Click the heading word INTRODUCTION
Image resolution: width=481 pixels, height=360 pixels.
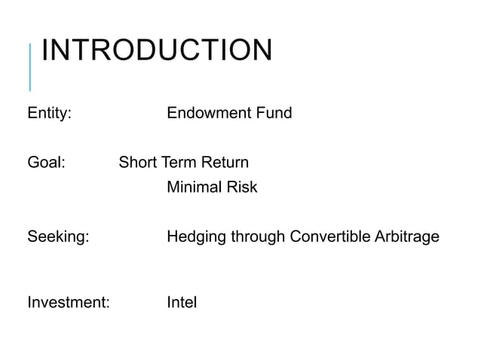pyautogui.click(x=156, y=50)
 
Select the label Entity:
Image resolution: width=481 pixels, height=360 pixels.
pyautogui.click(x=50, y=114)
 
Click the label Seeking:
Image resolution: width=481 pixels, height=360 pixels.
pyautogui.click(x=58, y=237)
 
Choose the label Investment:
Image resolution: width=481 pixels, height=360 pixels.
pyautogui.click(x=69, y=303)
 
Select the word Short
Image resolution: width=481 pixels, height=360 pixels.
pyautogui.click(x=138, y=162)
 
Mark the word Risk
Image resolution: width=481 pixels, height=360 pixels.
pyautogui.click(x=242, y=187)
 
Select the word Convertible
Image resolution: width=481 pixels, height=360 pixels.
pyautogui.click(x=329, y=237)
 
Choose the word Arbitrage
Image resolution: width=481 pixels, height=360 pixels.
pyautogui.click(x=405, y=238)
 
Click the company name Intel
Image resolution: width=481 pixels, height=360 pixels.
pyautogui.click(x=182, y=303)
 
